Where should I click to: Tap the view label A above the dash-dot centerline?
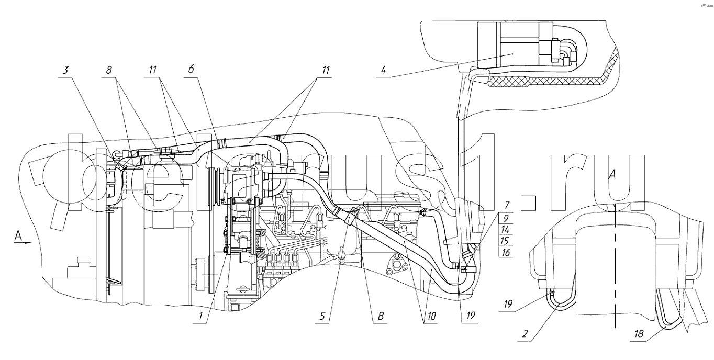coord(611,177)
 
